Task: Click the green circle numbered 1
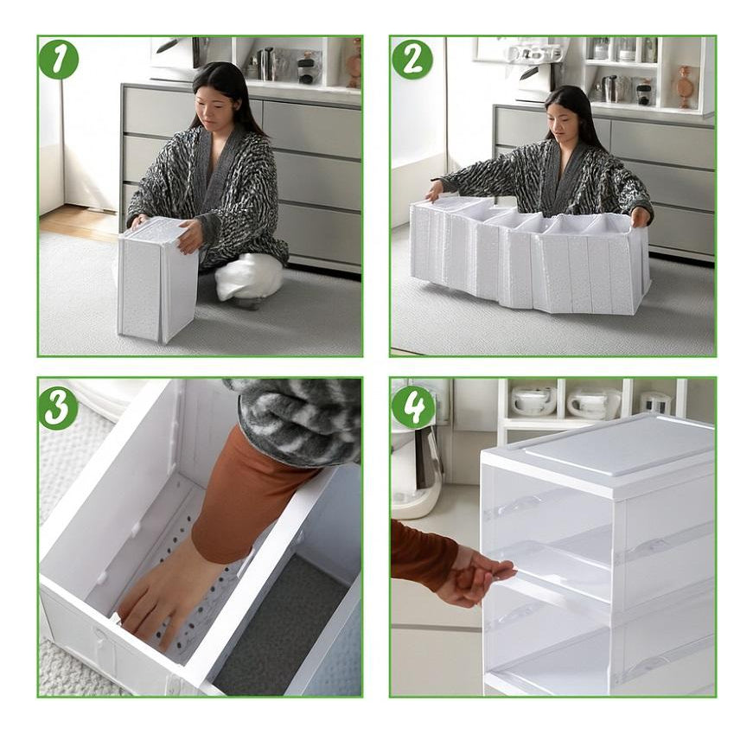pos(59,59)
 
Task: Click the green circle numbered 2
pos(412,59)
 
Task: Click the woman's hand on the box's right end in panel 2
pos(639,215)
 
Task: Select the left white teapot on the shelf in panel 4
pos(533,400)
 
